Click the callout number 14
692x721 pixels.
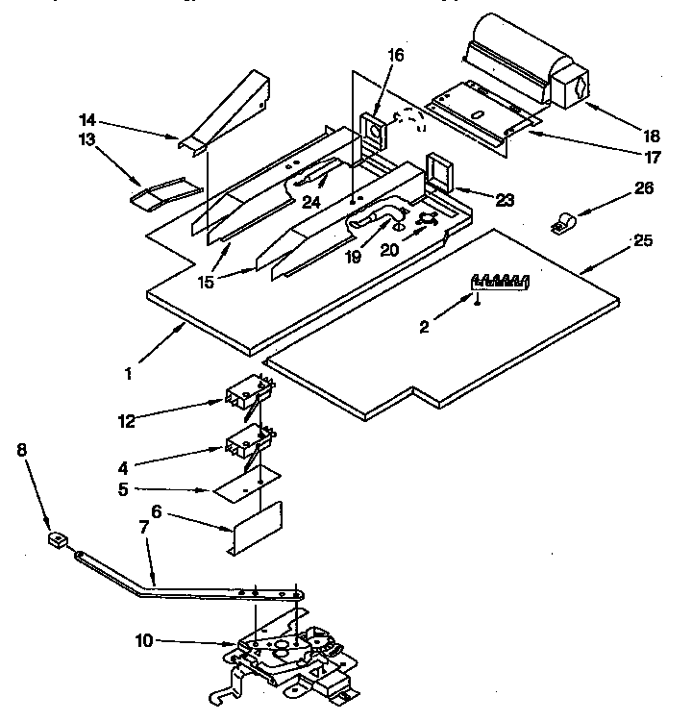[88, 120]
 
